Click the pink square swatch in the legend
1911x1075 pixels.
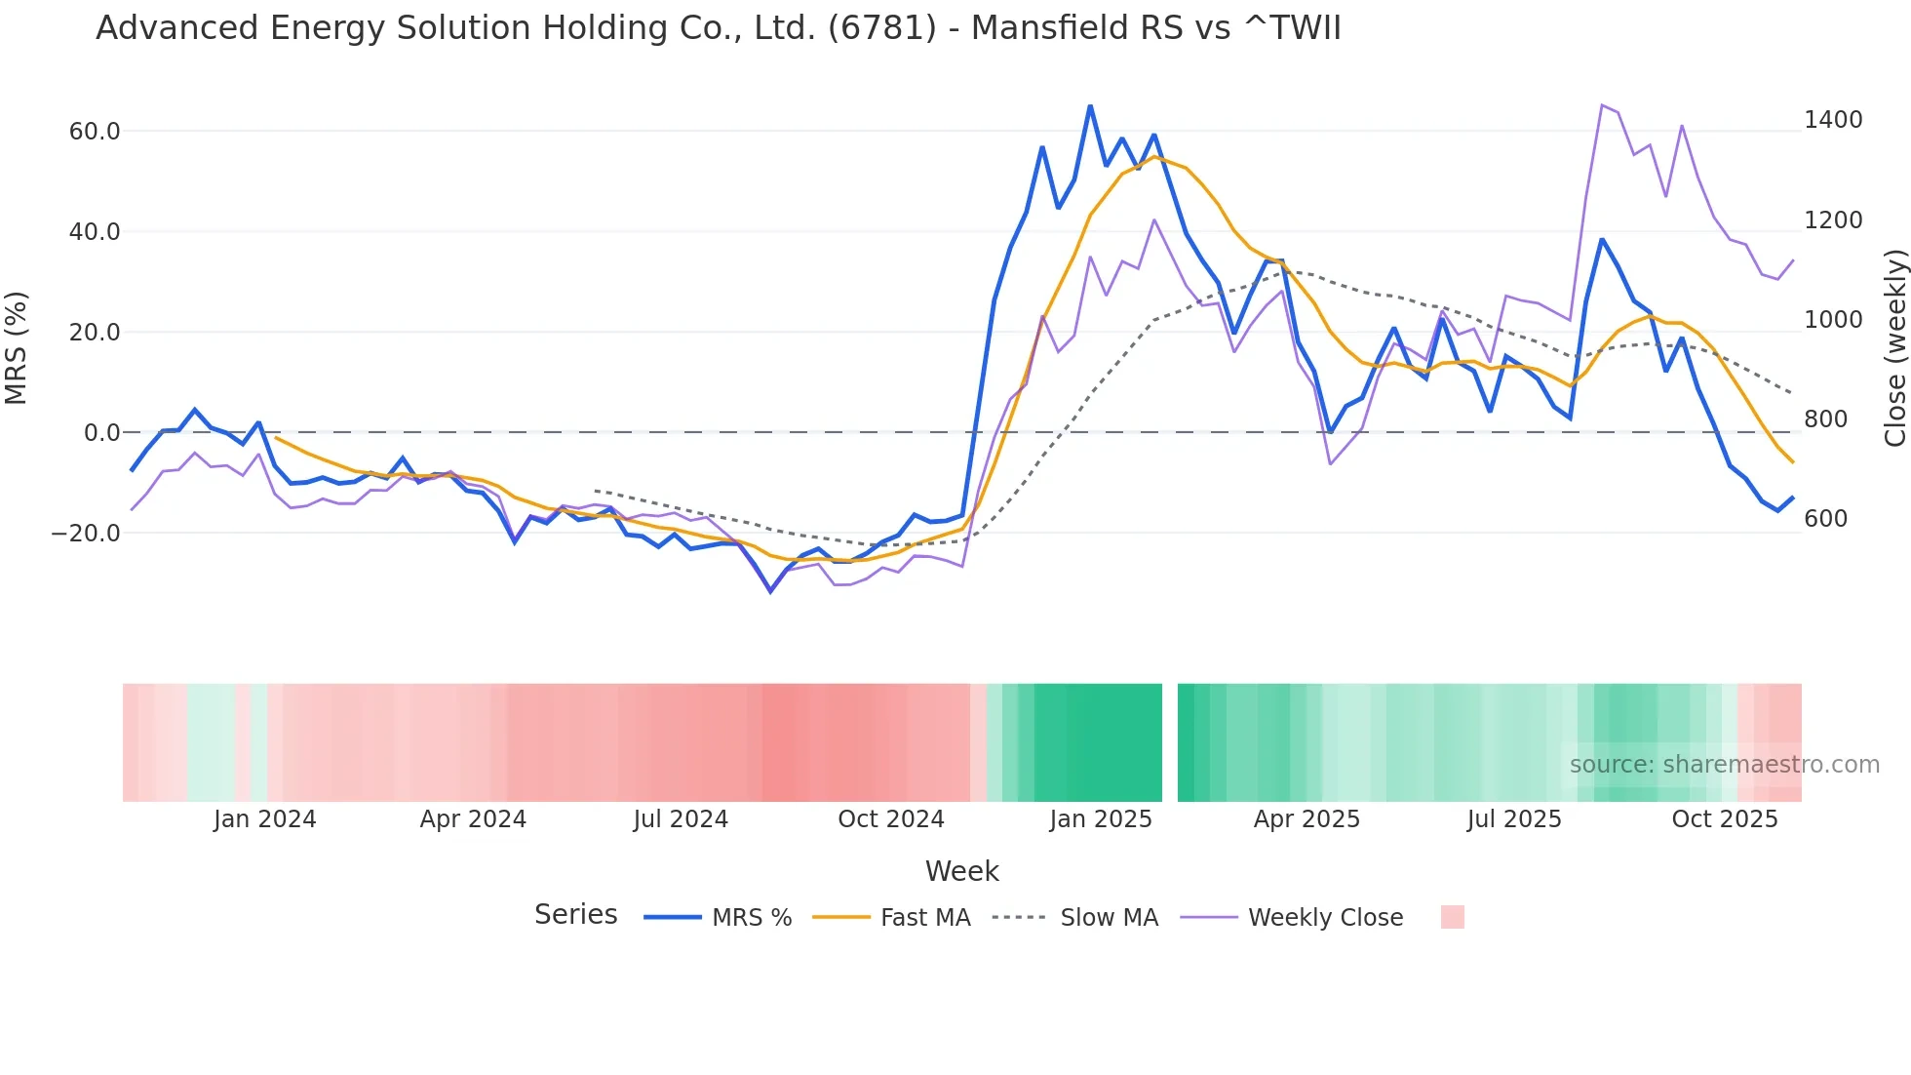click(1453, 917)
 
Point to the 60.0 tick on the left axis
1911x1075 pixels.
click(95, 132)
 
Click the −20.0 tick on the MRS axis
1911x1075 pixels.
click(86, 534)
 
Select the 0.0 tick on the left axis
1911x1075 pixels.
click(101, 433)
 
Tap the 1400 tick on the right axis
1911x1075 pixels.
click(1833, 120)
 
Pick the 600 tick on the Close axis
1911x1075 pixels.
click(1826, 519)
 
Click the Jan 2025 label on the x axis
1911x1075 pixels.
click(1101, 819)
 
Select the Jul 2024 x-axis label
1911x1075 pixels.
click(681, 819)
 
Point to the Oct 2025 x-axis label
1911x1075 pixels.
click(1725, 819)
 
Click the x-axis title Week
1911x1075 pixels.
click(961, 871)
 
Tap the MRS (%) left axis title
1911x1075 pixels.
click(17, 347)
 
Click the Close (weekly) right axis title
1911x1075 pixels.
click(1894, 347)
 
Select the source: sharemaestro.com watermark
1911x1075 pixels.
click(1724, 765)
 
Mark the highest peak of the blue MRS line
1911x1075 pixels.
click(1090, 106)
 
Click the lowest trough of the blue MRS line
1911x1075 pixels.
click(770, 591)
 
